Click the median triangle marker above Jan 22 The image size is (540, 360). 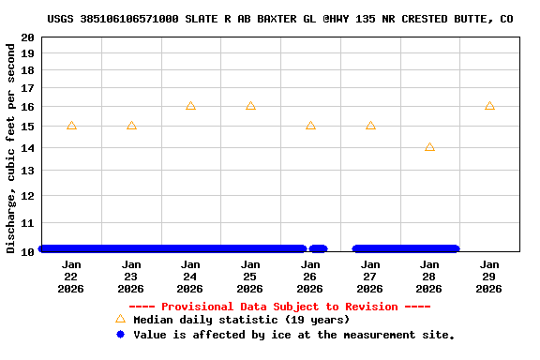click(71, 126)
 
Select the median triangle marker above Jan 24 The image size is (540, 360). click(190, 106)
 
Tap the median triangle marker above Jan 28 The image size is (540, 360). click(429, 147)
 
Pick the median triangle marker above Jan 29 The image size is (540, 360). click(489, 106)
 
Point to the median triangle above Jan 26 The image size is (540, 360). click(310, 126)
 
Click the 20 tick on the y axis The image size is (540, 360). click(29, 37)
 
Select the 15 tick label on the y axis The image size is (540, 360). click(29, 127)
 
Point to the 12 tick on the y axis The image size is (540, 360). click(29, 196)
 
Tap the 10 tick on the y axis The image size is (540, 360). click(29, 251)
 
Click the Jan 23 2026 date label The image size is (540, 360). click(131, 277)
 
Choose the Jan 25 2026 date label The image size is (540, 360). click(250, 277)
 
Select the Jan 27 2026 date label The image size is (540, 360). click(369, 277)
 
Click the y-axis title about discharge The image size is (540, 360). click(11, 146)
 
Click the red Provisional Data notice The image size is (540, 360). click(279, 307)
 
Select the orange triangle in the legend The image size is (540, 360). click(120, 319)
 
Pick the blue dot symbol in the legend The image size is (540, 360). click(120, 334)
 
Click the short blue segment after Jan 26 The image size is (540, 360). click(318, 248)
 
